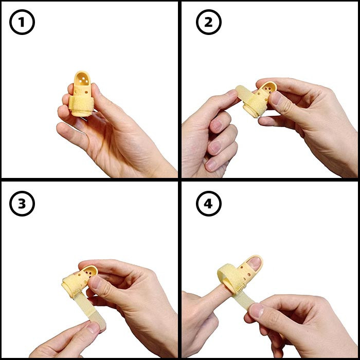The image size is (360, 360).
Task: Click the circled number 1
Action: pyautogui.click(x=22, y=22)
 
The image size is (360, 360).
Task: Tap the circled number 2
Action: pyautogui.click(x=209, y=22)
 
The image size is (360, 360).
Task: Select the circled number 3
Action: pyautogui.click(x=22, y=204)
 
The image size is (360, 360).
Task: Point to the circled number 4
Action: pyautogui.click(x=209, y=204)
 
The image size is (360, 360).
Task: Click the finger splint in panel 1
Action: pyautogui.click(x=81, y=94)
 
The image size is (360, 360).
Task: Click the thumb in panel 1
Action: pyautogui.click(x=103, y=103)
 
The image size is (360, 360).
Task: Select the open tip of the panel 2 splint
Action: pyautogui.click(x=270, y=87)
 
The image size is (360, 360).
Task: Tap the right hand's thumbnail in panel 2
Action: pyautogui.click(x=276, y=98)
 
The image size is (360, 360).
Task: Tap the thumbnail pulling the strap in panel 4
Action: pyautogui.click(x=257, y=310)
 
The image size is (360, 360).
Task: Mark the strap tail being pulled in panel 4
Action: pyautogui.click(x=244, y=300)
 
